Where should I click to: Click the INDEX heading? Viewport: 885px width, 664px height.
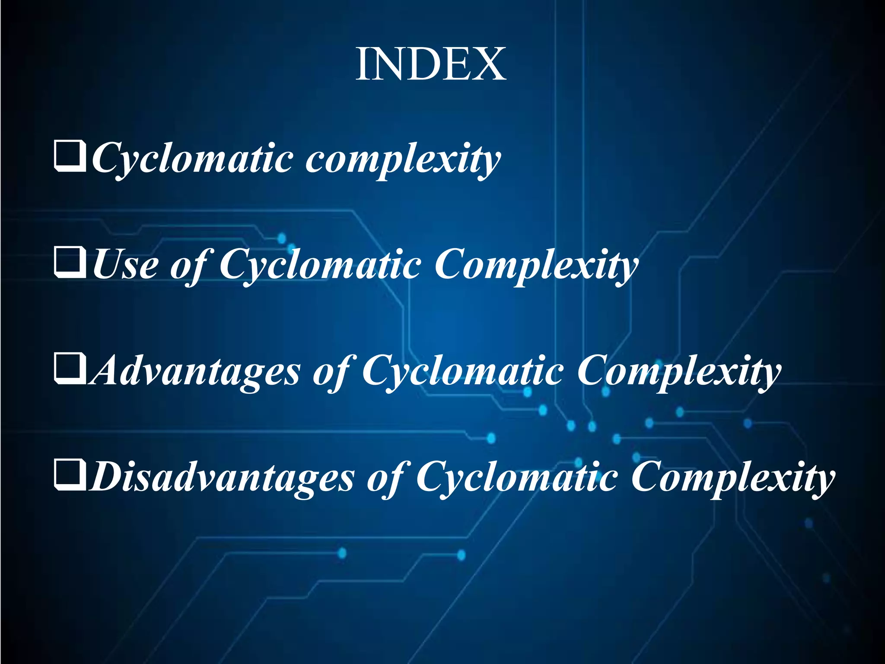[x=431, y=65]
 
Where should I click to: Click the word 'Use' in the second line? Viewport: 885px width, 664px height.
[x=125, y=265]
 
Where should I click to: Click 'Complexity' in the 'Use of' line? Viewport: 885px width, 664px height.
[x=536, y=265]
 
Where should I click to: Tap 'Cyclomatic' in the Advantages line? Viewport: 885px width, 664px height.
[x=463, y=372]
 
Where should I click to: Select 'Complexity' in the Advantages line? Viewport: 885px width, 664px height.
[x=679, y=372]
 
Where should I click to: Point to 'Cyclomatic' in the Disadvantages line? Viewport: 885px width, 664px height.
[x=517, y=478]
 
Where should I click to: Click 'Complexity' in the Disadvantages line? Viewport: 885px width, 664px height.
[x=733, y=478]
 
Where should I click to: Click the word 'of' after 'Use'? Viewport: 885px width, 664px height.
[x=188, y=266]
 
